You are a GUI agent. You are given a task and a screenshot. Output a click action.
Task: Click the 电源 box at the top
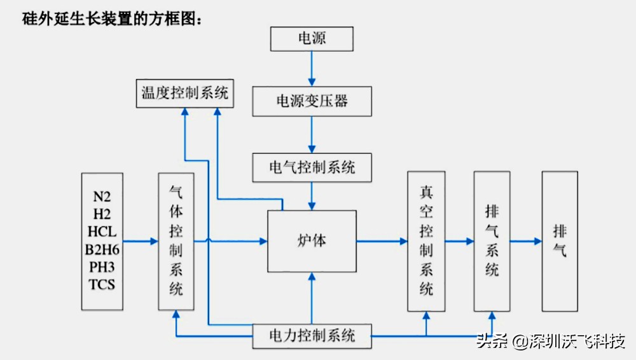pyautogui.click(x=312, y=39)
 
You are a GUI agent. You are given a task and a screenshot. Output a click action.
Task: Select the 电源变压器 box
pyautogui.click(x=312, y=101)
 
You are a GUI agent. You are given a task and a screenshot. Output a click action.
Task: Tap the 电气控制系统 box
pyautogui.click(x=312, y=168)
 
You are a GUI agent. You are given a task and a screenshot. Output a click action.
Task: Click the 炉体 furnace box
pyautogui.click(x=312, y=241)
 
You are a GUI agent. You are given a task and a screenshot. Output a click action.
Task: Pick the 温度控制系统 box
pyautogui.click(x=184, y=93)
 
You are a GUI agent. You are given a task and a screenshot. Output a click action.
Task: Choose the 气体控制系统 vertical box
pyautogui.click(x=176, y=241)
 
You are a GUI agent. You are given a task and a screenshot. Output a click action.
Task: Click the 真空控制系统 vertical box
pyautogui.click(x=426, y=241)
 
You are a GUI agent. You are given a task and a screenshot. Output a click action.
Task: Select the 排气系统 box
pyautogui.click(x=492, y=241)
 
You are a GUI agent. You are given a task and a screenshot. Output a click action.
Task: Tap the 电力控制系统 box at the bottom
pyautogui.click(x=312, y=335)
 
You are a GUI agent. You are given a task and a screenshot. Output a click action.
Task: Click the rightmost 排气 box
pyautogui.click(x=560, y=241)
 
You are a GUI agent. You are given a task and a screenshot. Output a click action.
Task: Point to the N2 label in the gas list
pyautogui.click(x=102, y=196)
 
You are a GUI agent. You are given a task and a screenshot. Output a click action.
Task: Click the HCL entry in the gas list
pyautogui.click(x=102, y=232)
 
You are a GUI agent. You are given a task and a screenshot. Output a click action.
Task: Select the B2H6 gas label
pyautogui.click(x=102, y=249)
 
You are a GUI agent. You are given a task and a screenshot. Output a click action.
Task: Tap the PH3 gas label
pyautogui.click(x=102, y=267)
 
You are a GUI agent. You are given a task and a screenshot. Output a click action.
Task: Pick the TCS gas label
pyautogui.click(x=102, y=284)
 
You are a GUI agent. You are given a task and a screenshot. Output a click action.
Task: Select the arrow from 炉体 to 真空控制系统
pyautogui.click(x=382, y=241)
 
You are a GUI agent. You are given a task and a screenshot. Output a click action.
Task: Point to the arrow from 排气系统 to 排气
pyautogui.click(x=525, y=241)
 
